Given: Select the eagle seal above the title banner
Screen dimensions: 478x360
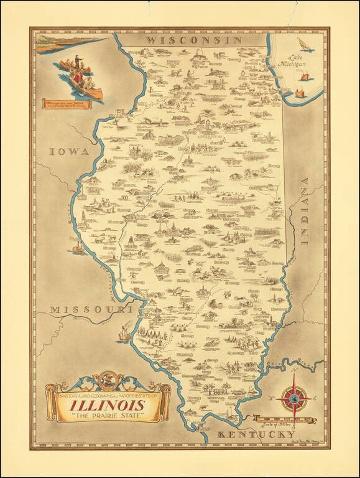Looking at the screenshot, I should (x=103, y=380).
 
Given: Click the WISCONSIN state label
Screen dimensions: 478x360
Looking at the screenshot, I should (x=193, y=39).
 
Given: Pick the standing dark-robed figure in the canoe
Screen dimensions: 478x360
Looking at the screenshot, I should (x=75, y=63).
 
